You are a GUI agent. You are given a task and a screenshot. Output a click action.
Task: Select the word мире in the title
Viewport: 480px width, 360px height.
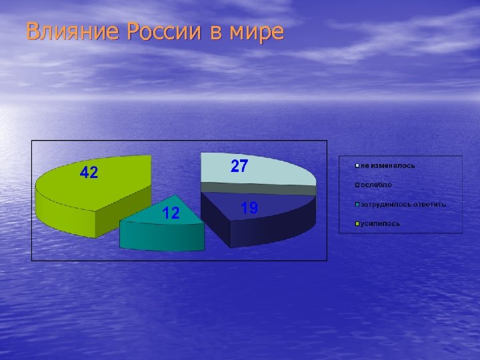[257, 32]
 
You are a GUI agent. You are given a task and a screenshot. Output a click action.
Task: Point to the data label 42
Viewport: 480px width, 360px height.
[89, 173]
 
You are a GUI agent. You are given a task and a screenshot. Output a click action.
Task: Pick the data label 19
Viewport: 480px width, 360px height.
[249, 209]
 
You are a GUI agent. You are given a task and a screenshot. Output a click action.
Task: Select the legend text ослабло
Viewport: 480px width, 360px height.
[377, 185]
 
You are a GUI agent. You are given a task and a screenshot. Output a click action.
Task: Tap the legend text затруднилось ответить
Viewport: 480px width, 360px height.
[403, 204]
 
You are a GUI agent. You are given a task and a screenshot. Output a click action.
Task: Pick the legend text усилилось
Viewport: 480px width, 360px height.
[381, 223]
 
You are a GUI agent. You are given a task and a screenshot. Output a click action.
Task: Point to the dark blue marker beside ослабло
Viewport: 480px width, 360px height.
[358, 185]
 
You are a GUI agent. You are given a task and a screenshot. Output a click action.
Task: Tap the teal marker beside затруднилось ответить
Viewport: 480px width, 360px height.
[358, 204]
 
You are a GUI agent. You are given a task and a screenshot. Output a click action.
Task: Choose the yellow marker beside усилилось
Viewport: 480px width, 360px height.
[358, 223]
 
